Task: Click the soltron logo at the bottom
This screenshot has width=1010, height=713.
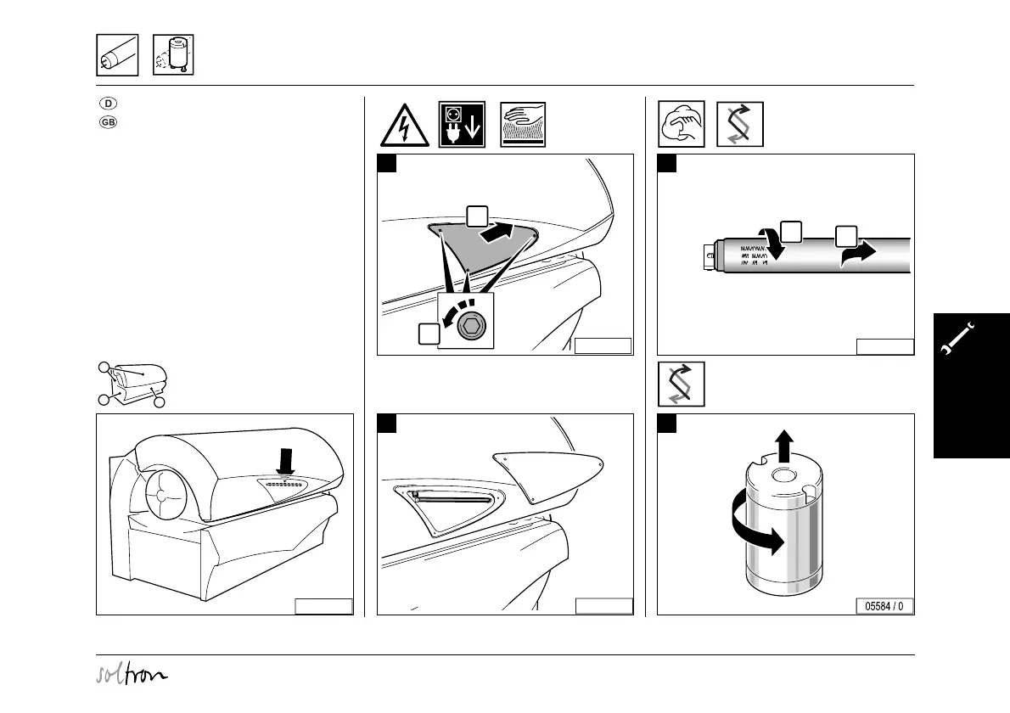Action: tap(132, 675)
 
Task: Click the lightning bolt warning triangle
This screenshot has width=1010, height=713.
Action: tap(404, 125)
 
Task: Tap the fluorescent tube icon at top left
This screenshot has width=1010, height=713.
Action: tap(117, 56)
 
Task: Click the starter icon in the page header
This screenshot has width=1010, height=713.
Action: tap(173, 56)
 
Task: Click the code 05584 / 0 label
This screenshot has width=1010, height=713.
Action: tap(884, 606)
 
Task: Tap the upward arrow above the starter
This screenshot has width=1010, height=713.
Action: tap(785, 444)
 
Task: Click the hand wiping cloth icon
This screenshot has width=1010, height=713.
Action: tap(680, 125)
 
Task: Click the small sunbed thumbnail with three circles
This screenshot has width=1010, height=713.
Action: tap(132, 385)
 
